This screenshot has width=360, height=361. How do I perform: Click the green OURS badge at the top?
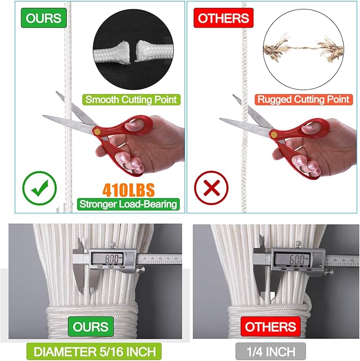[43, 18]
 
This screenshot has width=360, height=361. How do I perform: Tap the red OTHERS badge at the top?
[223, 18]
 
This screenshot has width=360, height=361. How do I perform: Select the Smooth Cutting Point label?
[131, 100]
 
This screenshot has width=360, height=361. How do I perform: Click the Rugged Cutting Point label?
[303, 99]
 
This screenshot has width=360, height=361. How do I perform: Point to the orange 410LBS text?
[128, 190]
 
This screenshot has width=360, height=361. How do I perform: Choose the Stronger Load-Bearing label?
[128, 204]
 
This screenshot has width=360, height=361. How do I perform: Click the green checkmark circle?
[40, 188]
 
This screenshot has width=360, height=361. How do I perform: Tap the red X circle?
[211, 187]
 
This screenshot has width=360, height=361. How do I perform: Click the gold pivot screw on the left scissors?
[97, 132]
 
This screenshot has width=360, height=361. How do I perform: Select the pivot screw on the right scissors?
[274, 134]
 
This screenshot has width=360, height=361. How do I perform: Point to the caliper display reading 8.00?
[107, 259]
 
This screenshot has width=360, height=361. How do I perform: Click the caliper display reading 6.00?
[291, 259]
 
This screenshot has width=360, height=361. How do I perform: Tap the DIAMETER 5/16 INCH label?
[94, 351]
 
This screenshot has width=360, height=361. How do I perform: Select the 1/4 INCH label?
[270, 351]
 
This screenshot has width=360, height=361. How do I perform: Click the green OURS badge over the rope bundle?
[91, 326]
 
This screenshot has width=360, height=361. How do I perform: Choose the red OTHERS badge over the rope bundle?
[270, 326]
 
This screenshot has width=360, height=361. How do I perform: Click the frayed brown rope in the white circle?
[303, 48]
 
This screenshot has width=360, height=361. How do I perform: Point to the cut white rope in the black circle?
[133, 52]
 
